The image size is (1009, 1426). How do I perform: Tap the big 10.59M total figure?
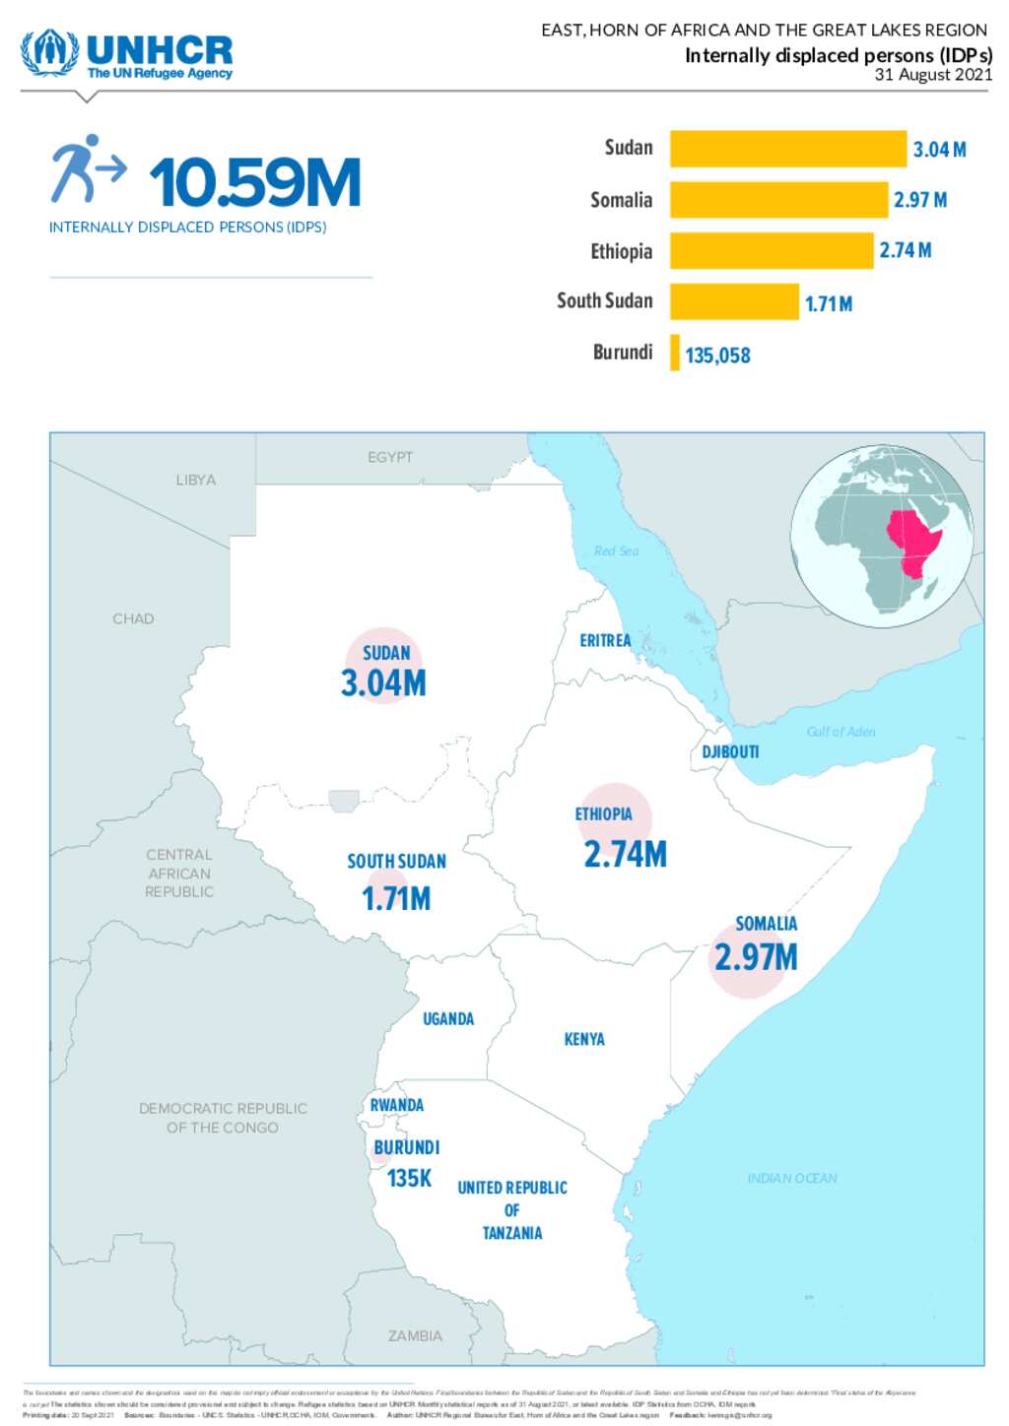point(254,183)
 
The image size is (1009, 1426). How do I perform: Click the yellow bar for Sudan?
point(787,149)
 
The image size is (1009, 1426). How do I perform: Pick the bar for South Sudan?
point(734,301)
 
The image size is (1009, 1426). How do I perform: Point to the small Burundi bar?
point(675,353)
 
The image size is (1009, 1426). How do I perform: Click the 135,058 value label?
point(717,356)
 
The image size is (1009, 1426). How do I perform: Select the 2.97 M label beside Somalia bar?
point(919,200)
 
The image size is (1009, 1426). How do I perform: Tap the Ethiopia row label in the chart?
point(621,251)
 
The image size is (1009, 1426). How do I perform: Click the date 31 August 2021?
point(932,75)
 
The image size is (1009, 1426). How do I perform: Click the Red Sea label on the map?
point(616,551)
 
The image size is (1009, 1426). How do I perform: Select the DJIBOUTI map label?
point(730,752)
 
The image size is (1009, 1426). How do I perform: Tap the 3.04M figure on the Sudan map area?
point(383,683)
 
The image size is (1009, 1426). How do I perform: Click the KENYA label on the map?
point(584,1039)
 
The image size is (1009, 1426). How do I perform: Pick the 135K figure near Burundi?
point(409,1178)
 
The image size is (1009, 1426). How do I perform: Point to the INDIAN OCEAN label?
point(792,1178)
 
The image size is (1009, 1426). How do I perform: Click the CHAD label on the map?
point(133,618)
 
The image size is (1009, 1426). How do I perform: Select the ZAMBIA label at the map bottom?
point(415,1336)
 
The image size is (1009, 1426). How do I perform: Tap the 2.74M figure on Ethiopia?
point(625,854)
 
